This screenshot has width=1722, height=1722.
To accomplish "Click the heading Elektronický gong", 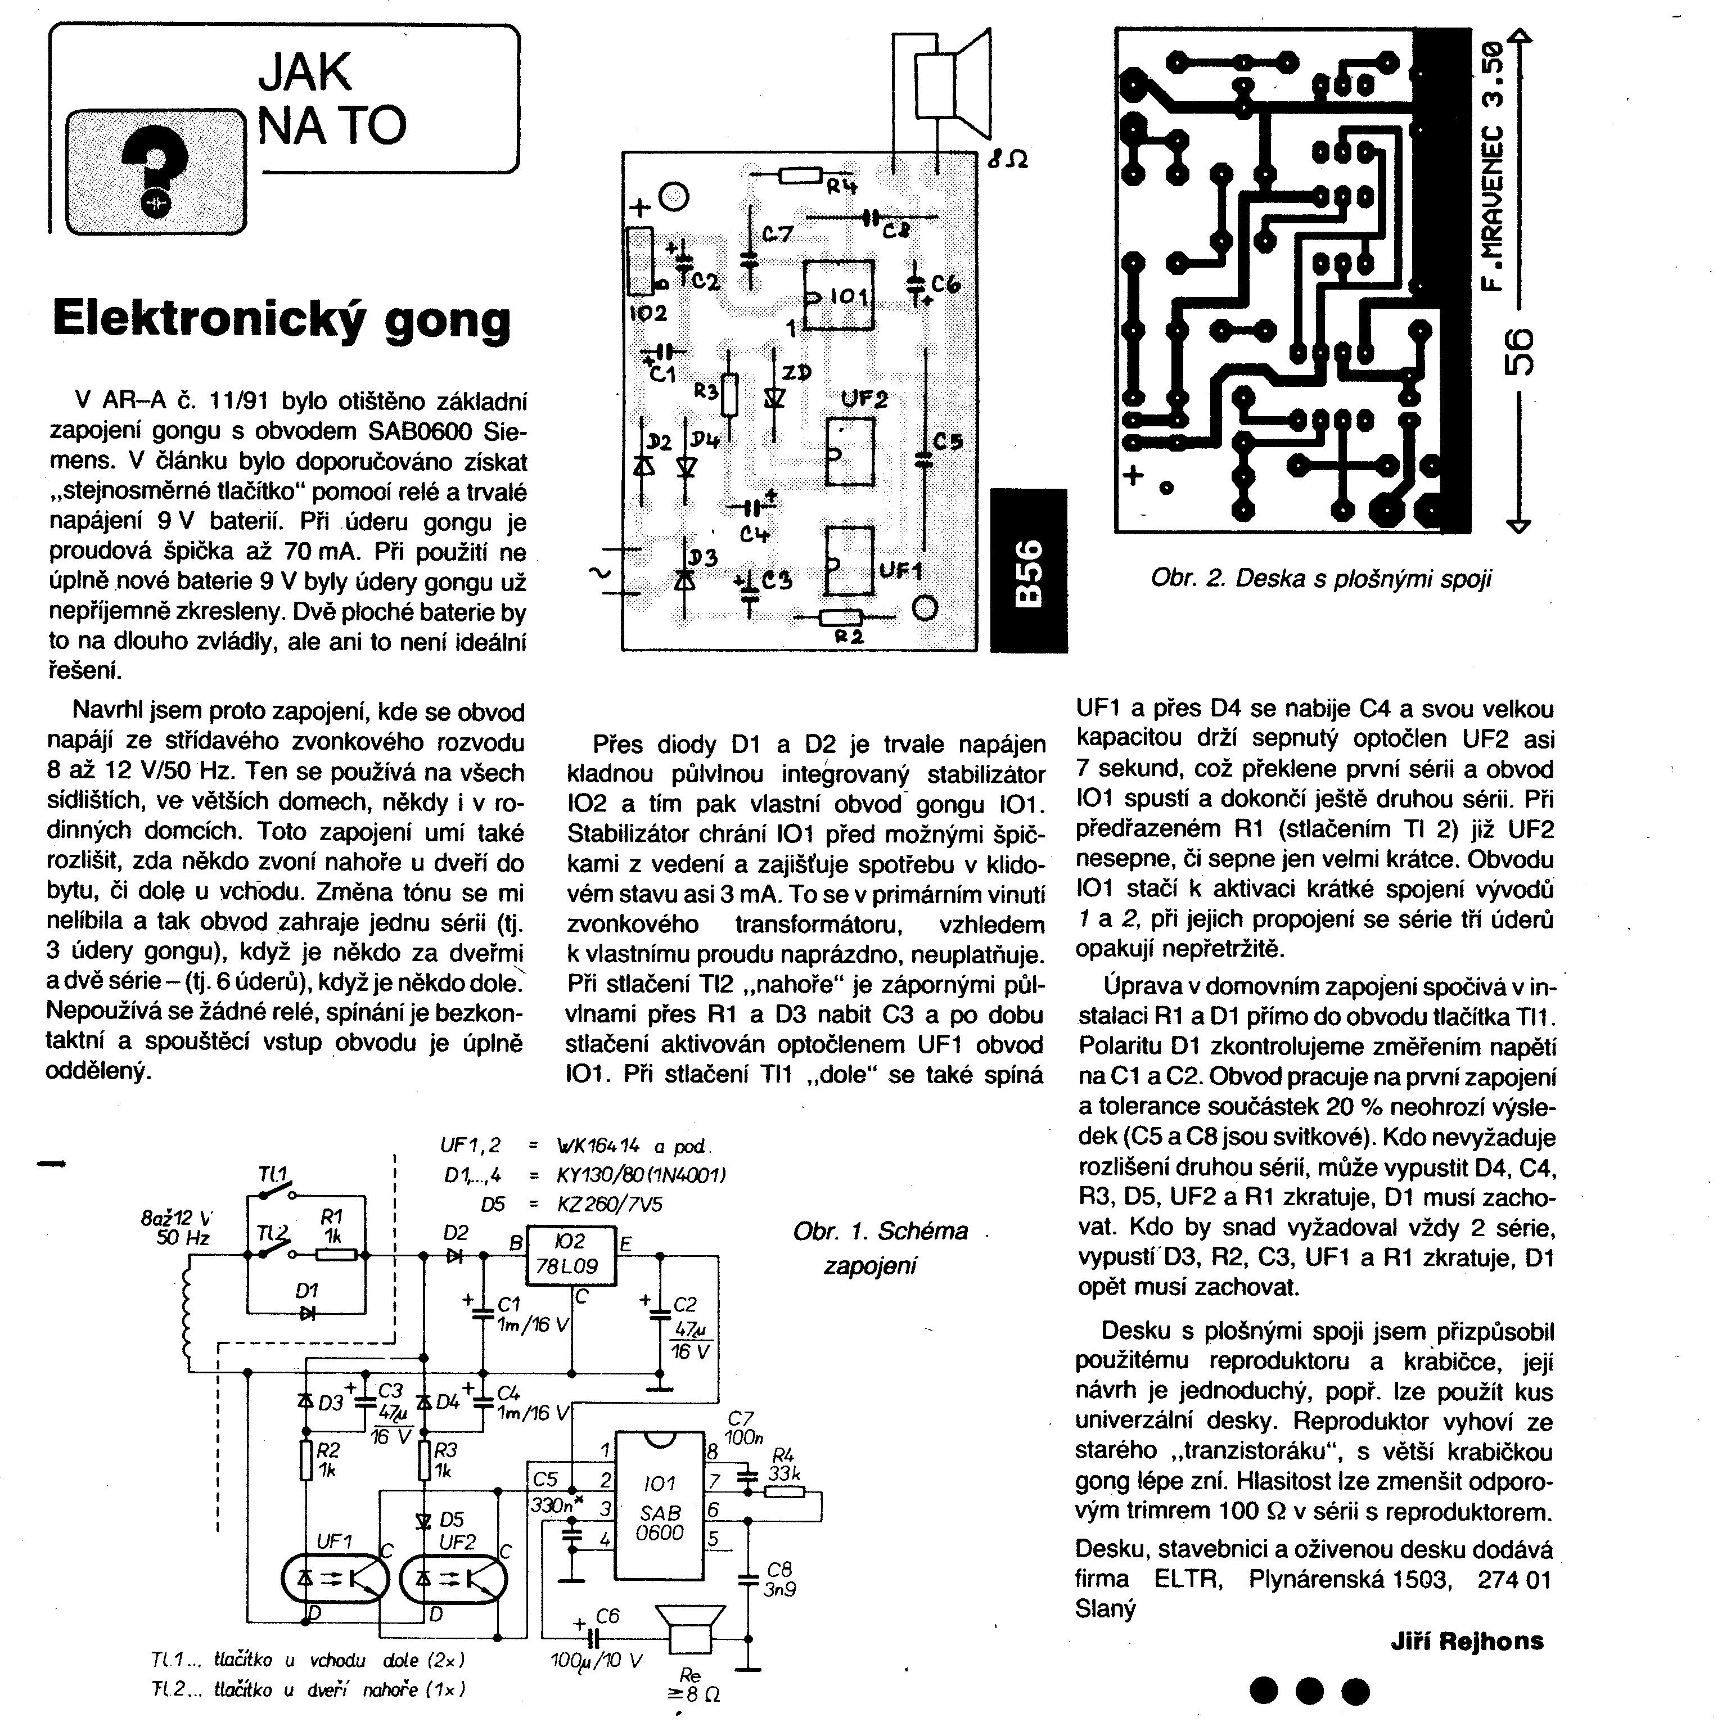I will coord(282,319).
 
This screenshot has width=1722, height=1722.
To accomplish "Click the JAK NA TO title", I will coord(332,98).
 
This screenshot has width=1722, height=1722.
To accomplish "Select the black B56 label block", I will coord(1029,570).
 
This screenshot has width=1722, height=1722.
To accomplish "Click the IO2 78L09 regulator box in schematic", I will coord(571,1256).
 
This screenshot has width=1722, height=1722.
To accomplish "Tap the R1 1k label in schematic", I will coord(332,1227).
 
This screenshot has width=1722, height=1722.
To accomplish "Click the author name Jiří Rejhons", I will coord(1466,1641).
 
